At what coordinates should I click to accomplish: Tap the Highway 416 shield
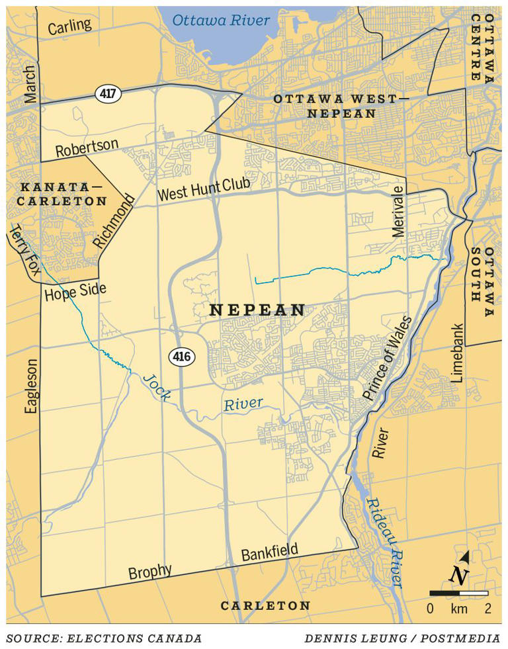(x=182, y=357)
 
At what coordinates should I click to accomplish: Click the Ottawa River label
(x=221, y=21)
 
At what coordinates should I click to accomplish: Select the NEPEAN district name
(x=257, y=310)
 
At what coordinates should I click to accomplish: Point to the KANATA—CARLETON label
(x=62, y=193)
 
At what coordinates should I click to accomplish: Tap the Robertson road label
(x=87, y=148)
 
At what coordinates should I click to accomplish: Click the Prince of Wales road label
(x=387, y=358)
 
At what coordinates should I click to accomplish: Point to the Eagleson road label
(x=31, y=386)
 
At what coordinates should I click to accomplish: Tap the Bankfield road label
(x=269, y=551)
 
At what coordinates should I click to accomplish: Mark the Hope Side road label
(x=75, y=292)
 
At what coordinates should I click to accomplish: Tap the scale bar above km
(x=458, y=593)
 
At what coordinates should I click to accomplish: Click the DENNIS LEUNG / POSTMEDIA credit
(x=403, y=638)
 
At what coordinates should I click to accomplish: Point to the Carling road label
(x=69, y=26)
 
